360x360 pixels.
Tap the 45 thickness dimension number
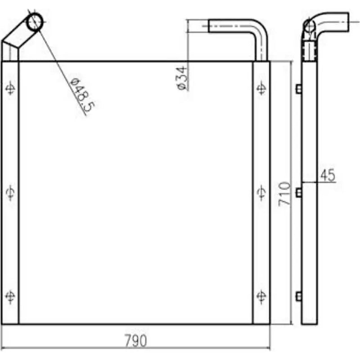328,175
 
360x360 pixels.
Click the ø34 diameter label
182,77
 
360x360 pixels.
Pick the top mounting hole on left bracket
10,88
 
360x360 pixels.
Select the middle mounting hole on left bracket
10,193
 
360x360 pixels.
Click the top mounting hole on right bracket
261,88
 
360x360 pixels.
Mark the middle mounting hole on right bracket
261,193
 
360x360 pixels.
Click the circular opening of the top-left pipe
35,21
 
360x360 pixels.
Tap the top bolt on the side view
298,89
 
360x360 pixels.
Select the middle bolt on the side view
298,193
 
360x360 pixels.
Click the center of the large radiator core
135,193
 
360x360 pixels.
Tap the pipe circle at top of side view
309,26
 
